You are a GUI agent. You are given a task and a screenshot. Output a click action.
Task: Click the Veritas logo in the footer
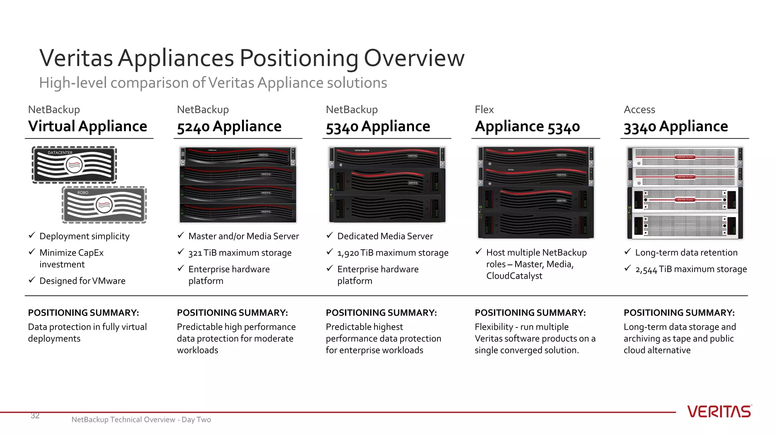coord(719,412)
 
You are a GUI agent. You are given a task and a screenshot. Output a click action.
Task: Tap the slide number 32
coord(35,416)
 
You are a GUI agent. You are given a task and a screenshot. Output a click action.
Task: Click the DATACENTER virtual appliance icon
coord(74,165)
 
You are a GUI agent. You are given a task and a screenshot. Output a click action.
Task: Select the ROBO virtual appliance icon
coord(104,205)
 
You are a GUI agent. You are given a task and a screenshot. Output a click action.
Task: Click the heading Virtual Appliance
coord(88,126)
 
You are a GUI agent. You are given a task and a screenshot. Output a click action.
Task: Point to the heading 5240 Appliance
coord(229,126)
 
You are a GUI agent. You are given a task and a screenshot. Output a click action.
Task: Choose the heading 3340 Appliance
coord(676,126)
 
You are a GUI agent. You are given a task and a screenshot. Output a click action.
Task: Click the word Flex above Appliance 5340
coord(484,110)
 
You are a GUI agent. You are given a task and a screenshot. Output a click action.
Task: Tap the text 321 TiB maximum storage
coord(240,253)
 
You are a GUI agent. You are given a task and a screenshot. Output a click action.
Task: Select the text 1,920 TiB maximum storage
coord(393,253)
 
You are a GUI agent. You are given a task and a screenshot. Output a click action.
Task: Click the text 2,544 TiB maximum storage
coord(691,269)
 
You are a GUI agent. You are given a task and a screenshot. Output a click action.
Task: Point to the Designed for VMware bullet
coord(82,281)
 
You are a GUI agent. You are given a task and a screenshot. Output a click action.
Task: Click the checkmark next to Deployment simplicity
coord(32,236)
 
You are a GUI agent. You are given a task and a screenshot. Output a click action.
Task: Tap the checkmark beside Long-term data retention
coord(628,252)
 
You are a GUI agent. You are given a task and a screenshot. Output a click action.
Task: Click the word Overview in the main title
coord(414,58)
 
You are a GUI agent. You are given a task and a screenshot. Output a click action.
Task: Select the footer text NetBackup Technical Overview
coord(123,420)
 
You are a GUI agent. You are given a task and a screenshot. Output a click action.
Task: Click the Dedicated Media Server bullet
coord(385,236)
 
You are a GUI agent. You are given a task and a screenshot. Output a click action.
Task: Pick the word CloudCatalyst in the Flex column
coord(514,276)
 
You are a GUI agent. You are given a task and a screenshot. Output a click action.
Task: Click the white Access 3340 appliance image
coord(685,193)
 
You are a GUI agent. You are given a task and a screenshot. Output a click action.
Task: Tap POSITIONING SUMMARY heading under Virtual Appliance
coord(83,313)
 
